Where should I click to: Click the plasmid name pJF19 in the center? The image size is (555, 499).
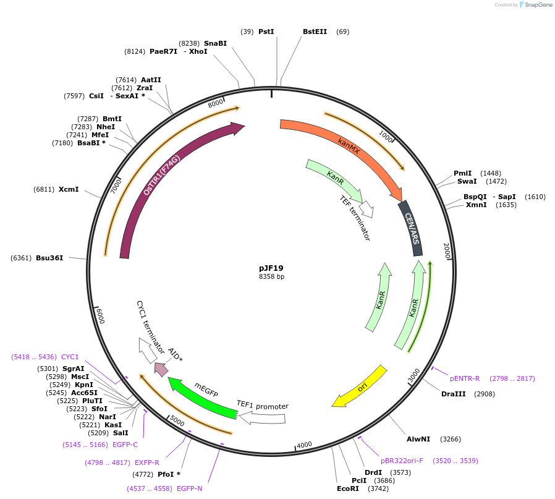[x=271, y=268]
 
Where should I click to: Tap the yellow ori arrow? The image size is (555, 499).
[x=361, y=387]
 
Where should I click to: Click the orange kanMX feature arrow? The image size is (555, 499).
[x=346, y=148]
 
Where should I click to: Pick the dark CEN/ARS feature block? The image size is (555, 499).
[x=412, y=228]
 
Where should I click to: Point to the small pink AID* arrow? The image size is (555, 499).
[x=161, y=369]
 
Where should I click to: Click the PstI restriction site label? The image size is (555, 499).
[x=266, y=32]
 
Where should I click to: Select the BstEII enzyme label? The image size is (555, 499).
[x=315, y=32]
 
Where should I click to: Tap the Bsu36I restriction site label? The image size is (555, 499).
[x=49, y=257]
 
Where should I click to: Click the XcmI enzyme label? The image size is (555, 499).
[x=69, y=189]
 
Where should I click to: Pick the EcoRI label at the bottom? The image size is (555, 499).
[x=347, y=488]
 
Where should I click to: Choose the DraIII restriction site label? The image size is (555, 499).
[x=454, y=394]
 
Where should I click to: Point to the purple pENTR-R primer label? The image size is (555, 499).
[x=465, y=378]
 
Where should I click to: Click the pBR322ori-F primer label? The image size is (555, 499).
[x=402, y=461]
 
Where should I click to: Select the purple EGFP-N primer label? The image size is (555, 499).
[x=189, y=488]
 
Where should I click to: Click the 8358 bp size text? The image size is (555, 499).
[x=271, y=277]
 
